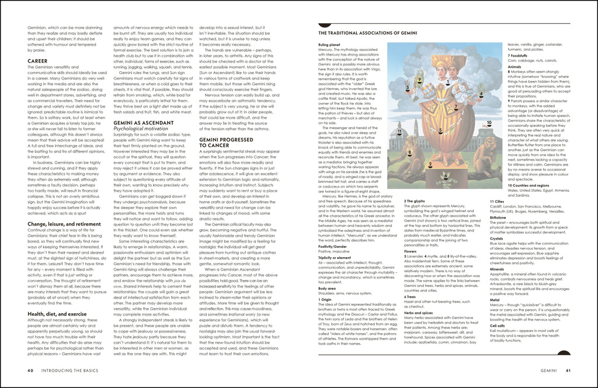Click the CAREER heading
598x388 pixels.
pyautogui.click(x=37, y=61)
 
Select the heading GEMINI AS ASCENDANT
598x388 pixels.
pyautogui.click(x=143, y=123)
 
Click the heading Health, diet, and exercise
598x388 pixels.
pyautogui.click(x=57, y=314)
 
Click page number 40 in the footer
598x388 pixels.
pyautogui.click(x=30, y=370)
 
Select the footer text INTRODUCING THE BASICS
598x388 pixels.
pyautogui.click(x=73, y=370)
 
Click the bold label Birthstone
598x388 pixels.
pyautogui.click(x=499, y=217)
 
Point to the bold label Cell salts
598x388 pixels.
pyautogui.click(x=498, y=325)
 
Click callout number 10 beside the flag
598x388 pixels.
pyautogui.click(x=489, y=123)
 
